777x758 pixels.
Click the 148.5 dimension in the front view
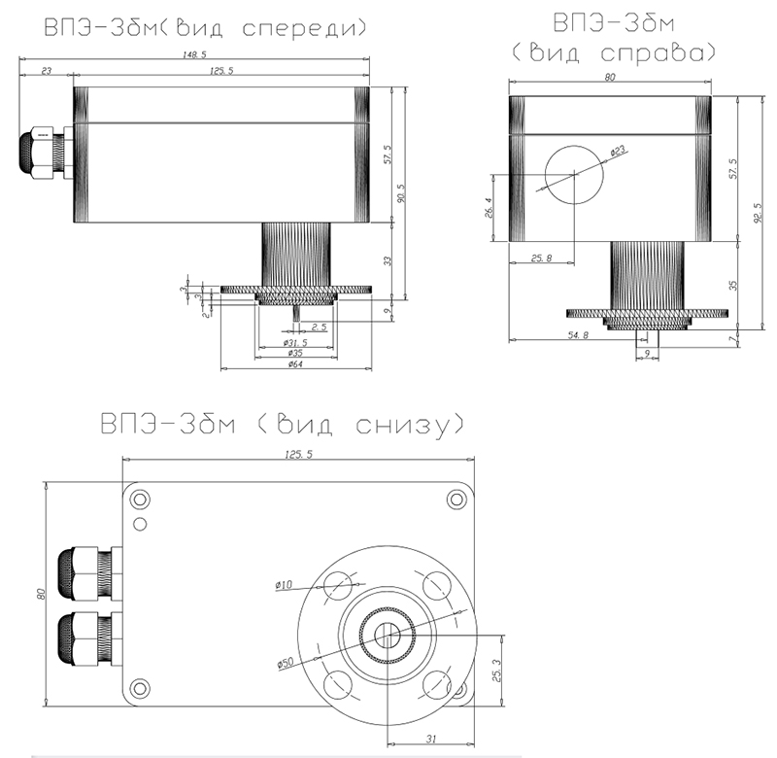tap(194, 54)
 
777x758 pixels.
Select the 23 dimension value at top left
tap(46, 71)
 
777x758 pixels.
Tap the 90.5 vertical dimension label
tap(401, 193)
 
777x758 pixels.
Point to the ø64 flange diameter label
tap(295, 364)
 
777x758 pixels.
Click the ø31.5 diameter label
tap(295, 343)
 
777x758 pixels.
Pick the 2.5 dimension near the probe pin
tap(320, 327)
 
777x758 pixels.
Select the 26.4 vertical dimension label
tap(489, 207)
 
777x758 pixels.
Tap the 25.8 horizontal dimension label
tap(542, 258)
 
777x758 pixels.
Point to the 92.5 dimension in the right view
tap(759, 213)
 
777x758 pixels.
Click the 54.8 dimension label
tap(578, 335)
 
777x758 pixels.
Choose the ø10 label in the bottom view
tap(284, 585)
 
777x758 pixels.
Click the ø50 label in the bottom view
tap(286, 663)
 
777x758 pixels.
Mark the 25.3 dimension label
tap(497, 671)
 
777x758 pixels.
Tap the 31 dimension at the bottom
tap(431, 739)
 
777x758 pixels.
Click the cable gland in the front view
tap(46, 155)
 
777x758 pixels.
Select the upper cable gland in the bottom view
tap(89, 573)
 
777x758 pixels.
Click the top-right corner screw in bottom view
tap(456, 500)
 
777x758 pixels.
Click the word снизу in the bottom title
tap(403, 427)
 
